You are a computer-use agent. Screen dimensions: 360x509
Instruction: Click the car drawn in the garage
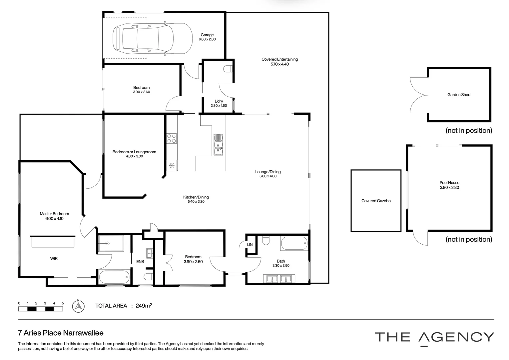[153, 38]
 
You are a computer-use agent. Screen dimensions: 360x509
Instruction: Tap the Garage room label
[207, 35]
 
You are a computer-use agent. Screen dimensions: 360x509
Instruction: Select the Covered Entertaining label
[279, 59]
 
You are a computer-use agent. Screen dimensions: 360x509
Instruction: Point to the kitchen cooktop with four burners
[172, 138]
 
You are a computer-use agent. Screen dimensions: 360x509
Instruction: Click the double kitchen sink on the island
[219, 145]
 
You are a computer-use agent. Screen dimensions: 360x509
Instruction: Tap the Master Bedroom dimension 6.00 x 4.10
[54, 219]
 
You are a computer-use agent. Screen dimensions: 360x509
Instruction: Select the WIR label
[54, 258]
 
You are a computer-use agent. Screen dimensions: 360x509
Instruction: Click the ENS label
[140, 262]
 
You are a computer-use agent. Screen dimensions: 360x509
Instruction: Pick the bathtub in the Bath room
[294, 243]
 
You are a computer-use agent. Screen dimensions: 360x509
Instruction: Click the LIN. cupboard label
[250, 245]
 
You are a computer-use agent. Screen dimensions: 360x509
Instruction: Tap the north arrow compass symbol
[78, 306]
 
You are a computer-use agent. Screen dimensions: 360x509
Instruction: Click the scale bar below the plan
[41, 309]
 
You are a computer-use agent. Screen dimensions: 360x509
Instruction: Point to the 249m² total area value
[144, 306]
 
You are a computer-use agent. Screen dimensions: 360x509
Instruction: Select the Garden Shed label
[459, 95]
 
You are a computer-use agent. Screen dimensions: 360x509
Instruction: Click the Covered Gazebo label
[376, 201]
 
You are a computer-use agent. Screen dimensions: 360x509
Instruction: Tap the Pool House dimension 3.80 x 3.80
[449, 187]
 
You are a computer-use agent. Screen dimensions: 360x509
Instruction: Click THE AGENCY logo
[434, 337]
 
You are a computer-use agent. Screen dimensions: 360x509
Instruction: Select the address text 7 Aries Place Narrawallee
[61, 333]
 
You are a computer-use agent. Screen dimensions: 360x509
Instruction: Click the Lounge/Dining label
[268, 172]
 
